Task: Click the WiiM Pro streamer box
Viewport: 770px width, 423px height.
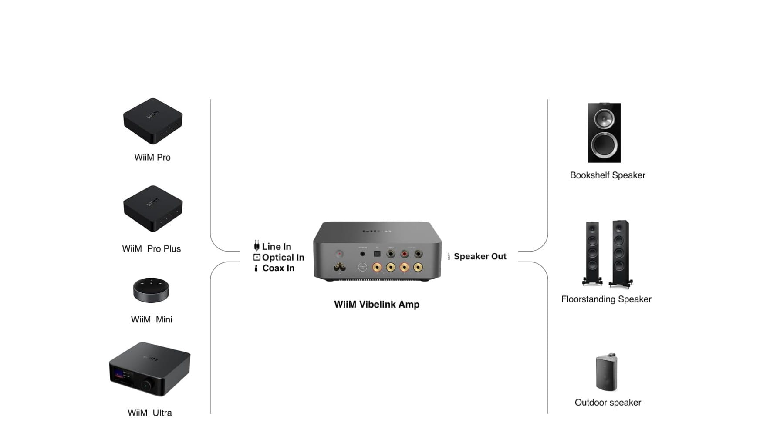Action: coord(152,121)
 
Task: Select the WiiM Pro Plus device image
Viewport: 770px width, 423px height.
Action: coord(152,208)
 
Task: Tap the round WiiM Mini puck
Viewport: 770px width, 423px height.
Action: coord(151,289)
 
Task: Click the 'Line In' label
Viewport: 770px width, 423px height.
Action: coord(277,247)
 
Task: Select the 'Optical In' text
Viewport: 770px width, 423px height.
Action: coord(283,258)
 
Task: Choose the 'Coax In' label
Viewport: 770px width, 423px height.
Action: coord(278,268)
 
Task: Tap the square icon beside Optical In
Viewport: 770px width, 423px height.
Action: coord(257,257)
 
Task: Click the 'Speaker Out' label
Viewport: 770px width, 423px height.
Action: coord(480,256)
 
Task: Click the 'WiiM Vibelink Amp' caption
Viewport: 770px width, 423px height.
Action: coord(377,305)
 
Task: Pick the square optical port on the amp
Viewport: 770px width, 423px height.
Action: coord(377,254)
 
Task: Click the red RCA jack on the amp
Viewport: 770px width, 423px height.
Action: coord(405,253)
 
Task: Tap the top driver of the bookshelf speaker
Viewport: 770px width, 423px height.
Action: coord(604,118)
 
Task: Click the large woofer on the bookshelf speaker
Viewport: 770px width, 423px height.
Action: coord(604,145)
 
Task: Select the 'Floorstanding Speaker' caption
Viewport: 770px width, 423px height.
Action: coord(606,299)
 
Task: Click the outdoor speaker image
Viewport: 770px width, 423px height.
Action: coord(606,372)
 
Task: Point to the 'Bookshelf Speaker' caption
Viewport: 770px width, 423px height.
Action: coord(608,175)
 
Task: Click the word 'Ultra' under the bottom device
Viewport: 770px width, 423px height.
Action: coord(162,413)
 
